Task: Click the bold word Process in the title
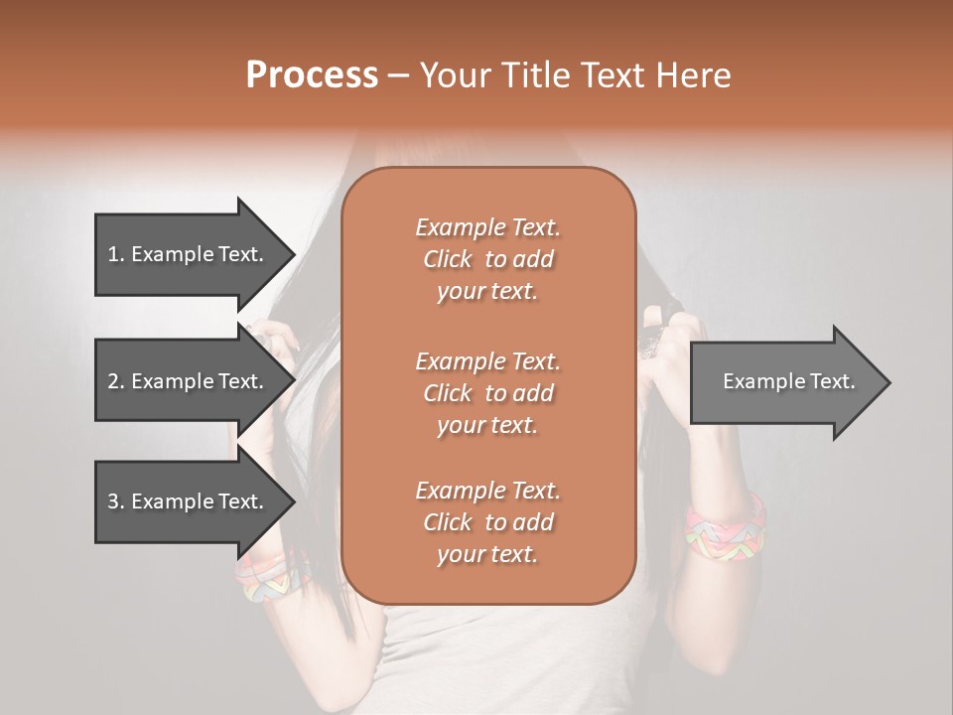pyautogui.click(x=312, y=75)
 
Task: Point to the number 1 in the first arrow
pyautogui.click(x=113, y=254)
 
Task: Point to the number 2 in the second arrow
pyautogui.click(x=113, y=381)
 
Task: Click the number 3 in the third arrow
pyautogui.click(x=113, y=501)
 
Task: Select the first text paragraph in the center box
pyautogui.click(x=487, y=259)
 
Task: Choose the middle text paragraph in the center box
pyautogui.click(x=487, y=393)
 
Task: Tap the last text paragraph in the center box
pyautogui.click(x=487, y=522)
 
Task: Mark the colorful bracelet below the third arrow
pyautogui.click(x=270, y=579)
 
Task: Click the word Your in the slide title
pyautogui.click(x=453, y=75)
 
